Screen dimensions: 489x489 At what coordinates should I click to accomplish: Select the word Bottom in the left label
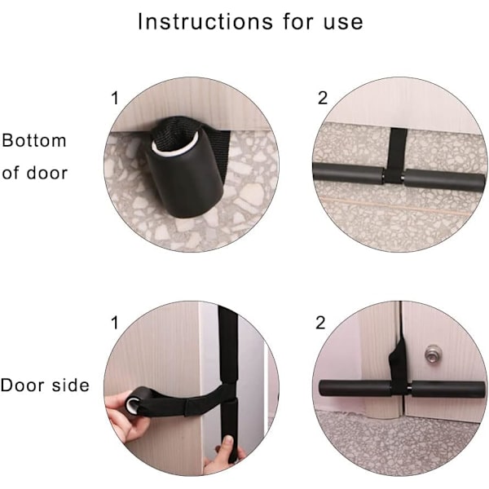tap(34, 140)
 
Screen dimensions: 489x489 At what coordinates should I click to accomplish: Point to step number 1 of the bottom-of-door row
tap(115, 98)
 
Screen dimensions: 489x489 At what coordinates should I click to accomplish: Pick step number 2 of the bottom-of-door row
tap(323, 98)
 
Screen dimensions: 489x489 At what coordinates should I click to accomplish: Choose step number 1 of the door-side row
tap(115, 323)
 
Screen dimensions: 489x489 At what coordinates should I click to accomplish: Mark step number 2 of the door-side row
tap(320, 323)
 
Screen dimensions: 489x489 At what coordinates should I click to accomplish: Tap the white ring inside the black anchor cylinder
tap(174, 145)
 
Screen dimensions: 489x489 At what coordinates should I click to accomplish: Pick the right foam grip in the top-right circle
tap(444, 180)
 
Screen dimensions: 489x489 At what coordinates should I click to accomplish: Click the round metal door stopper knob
tap(434, 354)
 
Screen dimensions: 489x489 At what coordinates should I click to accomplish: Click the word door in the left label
tap(46, 173)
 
